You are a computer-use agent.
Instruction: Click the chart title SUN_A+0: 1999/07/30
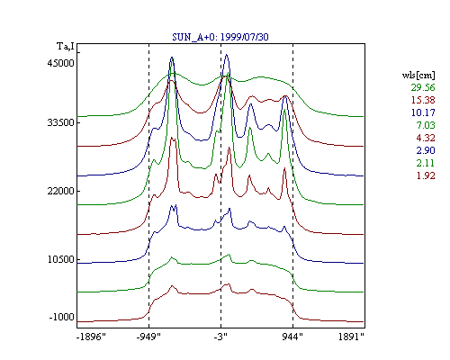220,37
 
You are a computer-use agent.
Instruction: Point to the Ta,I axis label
66,47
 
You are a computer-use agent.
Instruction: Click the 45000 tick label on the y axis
61,63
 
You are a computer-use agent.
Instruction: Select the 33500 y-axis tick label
61,122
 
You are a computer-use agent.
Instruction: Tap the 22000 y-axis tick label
61,191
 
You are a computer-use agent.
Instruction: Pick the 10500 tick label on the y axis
61,259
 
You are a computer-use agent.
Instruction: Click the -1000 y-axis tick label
62,317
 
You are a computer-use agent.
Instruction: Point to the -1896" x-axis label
92,337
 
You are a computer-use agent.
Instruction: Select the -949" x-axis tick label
148,337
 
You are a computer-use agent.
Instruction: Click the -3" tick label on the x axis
220,337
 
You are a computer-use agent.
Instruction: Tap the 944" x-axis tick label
292,337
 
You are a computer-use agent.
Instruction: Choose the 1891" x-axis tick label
351,337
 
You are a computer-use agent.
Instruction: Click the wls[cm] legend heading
418,76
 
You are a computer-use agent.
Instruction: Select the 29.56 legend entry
423,87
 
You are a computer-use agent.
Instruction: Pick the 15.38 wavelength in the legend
423,100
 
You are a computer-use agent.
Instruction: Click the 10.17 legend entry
423,112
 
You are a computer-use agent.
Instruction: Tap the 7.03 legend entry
426,125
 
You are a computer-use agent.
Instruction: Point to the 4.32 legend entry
426,138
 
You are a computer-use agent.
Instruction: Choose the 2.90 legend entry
426,150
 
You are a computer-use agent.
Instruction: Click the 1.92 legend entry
426,175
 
